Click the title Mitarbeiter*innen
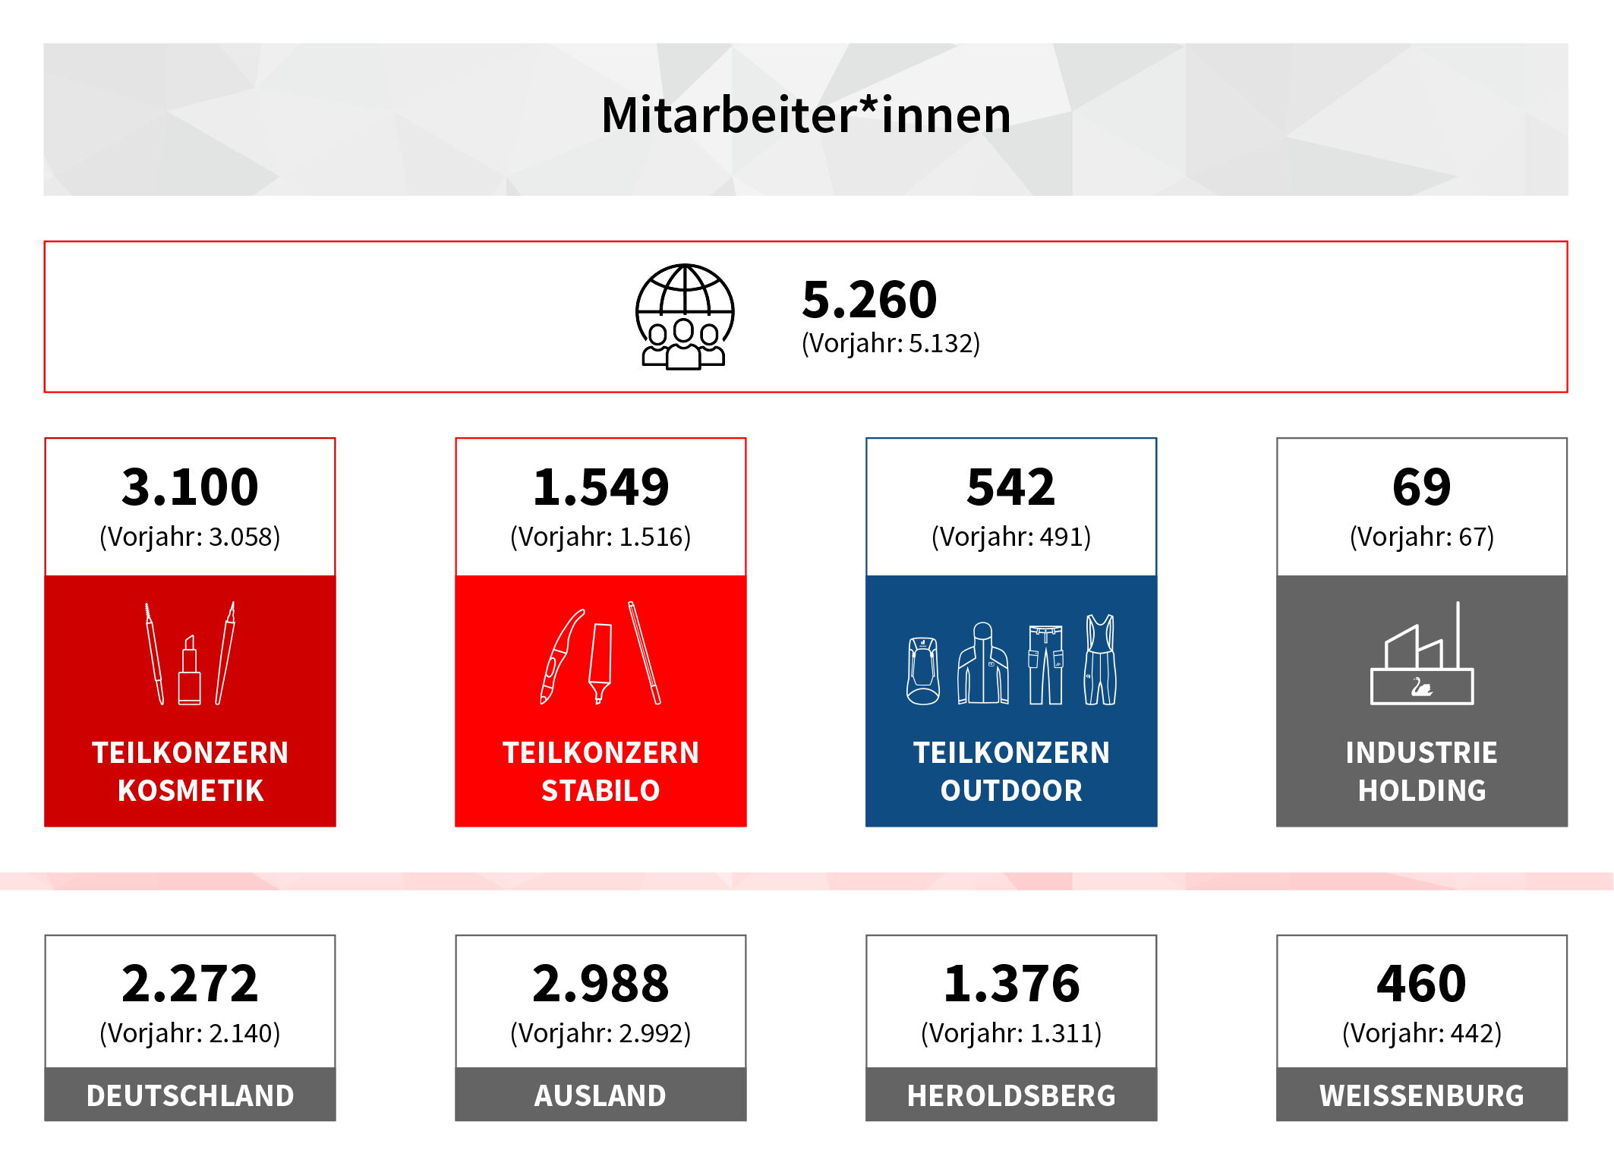(x=805, y=115)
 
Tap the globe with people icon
(x=684, y=317)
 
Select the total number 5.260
(x=869, y=299)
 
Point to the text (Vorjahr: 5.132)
(x=891, y=344)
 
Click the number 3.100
(x=190, y=487)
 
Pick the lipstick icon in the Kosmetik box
(x=190, y=670)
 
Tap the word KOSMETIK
(x=191, y=791)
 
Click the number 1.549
(x=601, y=487)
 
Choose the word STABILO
(x=601, y=791)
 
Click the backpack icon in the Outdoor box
(x=923, y=671)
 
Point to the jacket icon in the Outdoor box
(x=983, y=663)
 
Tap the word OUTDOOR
(x=1011, y=791)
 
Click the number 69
(x=1421, y=487)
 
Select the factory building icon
(x=1422, y=654)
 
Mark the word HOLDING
(x=1422, y=791)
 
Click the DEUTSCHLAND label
(x=190, y=1095)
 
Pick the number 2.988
(x=601, y=984)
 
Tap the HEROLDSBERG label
(x=1011, y=1095)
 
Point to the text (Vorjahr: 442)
(x=1422, y=1034)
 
